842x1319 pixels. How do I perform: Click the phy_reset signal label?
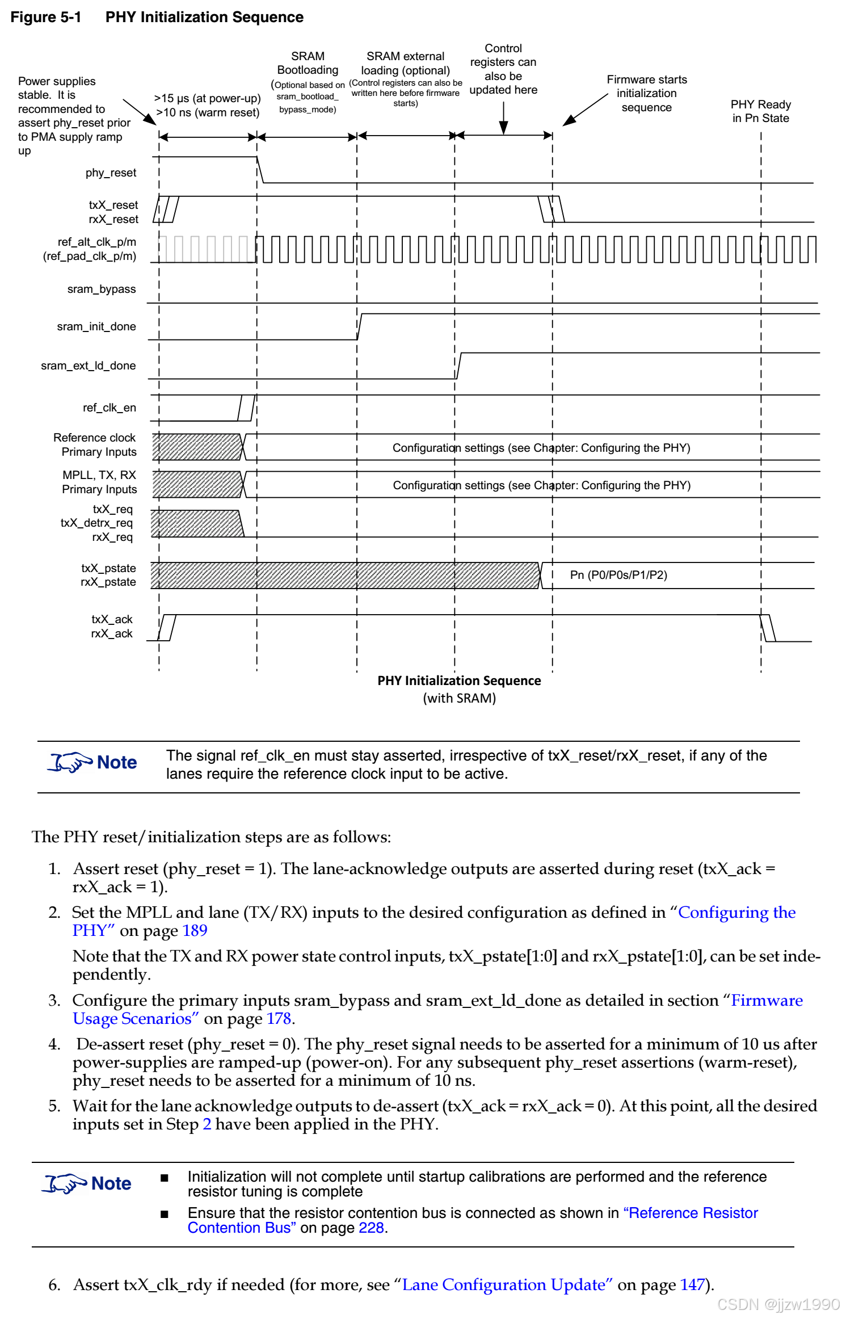111,173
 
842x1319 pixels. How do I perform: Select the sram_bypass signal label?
102,289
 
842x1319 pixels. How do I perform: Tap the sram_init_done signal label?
96,326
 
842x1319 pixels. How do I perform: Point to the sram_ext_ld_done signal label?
88,366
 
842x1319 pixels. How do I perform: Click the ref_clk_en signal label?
110,408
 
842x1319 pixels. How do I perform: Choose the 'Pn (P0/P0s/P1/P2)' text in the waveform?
618,575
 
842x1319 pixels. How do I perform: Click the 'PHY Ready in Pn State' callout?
760,111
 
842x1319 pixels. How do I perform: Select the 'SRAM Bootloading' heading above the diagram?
308,63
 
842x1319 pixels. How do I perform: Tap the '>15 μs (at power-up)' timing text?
207,98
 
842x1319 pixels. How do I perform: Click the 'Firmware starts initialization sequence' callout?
646,94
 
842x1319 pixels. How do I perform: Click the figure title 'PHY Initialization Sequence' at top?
204,17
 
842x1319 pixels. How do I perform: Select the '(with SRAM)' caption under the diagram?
459,698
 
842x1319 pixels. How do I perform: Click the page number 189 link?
195,931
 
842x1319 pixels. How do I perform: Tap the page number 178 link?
279,1019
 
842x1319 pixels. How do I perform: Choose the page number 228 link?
371,1228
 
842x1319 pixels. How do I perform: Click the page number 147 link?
692,1284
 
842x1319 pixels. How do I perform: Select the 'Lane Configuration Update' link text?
507,1284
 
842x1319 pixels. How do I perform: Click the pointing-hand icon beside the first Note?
70,762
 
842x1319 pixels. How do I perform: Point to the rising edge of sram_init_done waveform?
359,327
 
